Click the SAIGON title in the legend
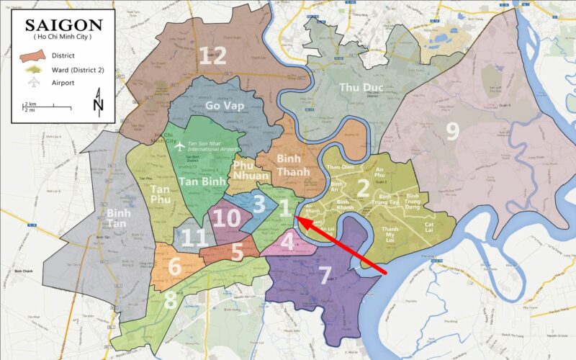pos(64,26)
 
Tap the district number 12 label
pos(212,55)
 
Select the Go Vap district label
pos(225,106)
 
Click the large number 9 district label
pos(452,130)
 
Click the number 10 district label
pos(227,219)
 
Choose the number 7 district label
pos(325,275)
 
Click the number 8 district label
pos(170,299)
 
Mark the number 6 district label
pos(174,266)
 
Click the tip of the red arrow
pos(298,221)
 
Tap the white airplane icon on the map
pos(180,146)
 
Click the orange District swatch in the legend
pos(34,55)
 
